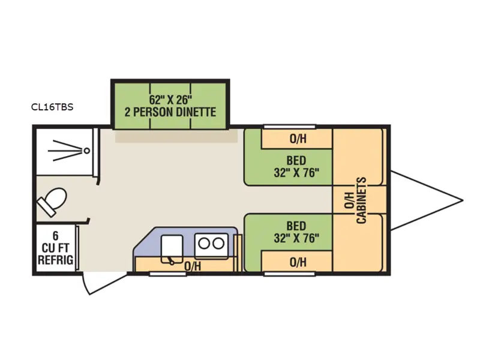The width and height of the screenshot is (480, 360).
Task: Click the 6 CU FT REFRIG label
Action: coord(56,248)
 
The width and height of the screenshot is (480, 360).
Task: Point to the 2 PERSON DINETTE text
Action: coord(170,112)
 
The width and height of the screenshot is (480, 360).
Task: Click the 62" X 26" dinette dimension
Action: coord(170,99)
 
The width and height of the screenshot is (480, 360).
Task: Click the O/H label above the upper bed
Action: coord(298,139)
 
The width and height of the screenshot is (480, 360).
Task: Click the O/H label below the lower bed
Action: coord(298,262)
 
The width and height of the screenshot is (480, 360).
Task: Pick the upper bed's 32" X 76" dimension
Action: coord(296,173)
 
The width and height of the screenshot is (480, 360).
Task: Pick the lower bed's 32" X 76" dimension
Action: coord(296,238)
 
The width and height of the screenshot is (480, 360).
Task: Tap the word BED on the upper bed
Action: coord(296,161)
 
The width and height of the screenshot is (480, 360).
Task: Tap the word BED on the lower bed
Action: coord(296,226)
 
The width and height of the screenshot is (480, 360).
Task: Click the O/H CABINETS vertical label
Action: coord(355,200)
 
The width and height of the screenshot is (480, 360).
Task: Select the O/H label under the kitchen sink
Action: coord(192,265)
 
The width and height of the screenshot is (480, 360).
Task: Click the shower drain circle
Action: coord(88,149)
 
